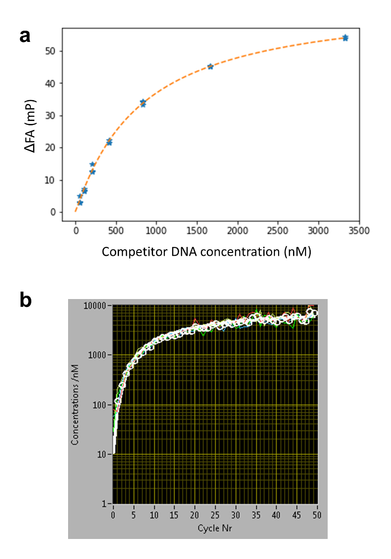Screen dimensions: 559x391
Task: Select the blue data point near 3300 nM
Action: pyautogui.click(x=345, y=38)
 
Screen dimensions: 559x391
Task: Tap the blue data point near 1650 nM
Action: pyautogui.click(x=210, y=67)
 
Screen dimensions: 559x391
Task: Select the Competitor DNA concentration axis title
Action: pyautogui.click(x=206, y=252)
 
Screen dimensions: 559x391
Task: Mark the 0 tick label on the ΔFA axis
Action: pyautogui.click(x=54, y=212)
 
